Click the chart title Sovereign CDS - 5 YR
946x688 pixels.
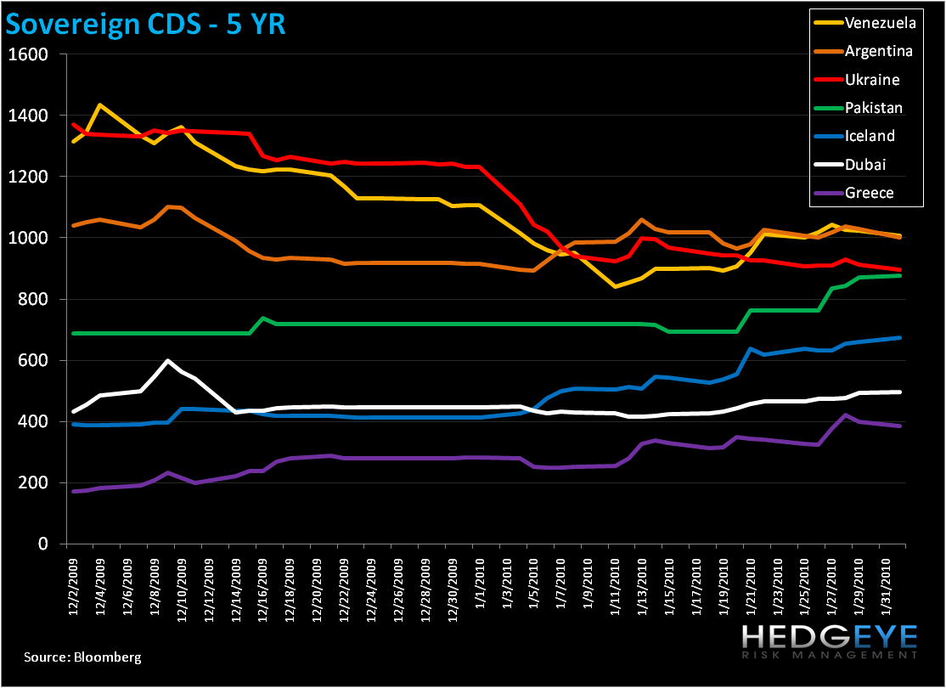click(146, 25)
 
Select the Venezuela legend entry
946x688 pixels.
click(877, 22)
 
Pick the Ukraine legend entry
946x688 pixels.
click(872, 79)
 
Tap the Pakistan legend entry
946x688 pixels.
click(874, 108)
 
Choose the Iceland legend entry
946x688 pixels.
click(870, 136)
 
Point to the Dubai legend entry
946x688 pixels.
click(867, 164)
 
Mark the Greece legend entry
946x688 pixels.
click(869, 193)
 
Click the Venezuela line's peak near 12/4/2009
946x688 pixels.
click(100, 105)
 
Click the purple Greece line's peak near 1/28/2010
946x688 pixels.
click(845, 414)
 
